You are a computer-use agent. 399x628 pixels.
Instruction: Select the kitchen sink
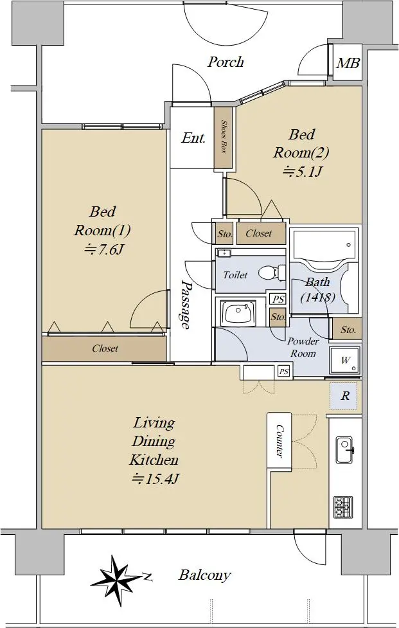click(344, 450)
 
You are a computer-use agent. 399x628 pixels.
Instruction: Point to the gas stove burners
click(343, 507)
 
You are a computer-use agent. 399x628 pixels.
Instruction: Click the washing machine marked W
click(345, 360)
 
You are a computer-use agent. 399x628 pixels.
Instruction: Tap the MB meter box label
click(348, 63)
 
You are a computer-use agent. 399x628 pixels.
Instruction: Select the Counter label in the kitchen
click(279, 441)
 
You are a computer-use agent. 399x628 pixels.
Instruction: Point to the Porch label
click(226, 62)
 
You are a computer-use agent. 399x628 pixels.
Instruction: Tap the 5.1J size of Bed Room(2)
click(303, 172)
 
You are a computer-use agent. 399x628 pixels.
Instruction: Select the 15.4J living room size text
click(154, 478)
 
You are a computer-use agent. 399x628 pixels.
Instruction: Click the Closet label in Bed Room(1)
click(105, 348)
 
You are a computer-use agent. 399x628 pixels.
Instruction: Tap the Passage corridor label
click(184, 304)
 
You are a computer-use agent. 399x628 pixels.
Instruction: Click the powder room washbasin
click(239, 312)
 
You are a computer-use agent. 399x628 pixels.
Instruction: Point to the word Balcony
click(205, 575)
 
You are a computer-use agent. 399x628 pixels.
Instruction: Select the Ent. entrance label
click(193, 138)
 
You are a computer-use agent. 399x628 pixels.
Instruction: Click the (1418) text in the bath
click(318, 297)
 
